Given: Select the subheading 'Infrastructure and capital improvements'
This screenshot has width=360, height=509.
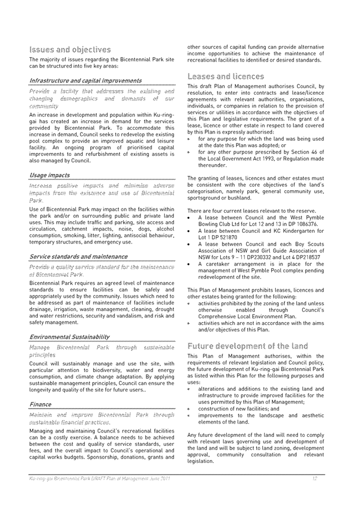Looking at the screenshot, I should pyautogui.click(x=85, y=80).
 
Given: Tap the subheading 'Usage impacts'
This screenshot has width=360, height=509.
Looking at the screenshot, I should pyautogui.click(x=49, y=175).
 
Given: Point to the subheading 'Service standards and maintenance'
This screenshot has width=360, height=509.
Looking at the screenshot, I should pyautogui.click(x=78, y=257).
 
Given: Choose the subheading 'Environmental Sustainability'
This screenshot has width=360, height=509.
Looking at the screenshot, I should pyautogui.click(x=69, y=337).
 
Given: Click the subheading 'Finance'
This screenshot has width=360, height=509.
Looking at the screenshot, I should pyautogui.click(x=40, y=404).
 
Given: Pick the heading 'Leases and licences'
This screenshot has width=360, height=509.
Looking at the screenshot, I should pyautogui.click(x=226, y=76).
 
